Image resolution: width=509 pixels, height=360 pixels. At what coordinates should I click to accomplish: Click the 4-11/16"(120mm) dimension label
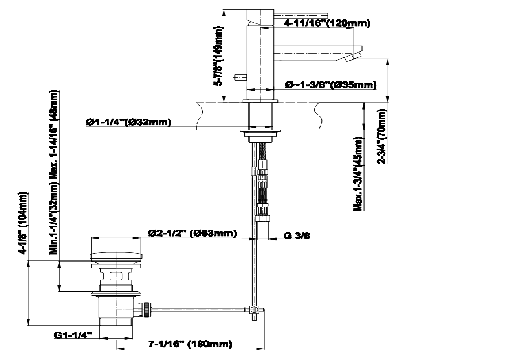click(327, 23)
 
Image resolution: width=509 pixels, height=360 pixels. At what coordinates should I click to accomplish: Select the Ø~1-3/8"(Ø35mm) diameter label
click(331, 85)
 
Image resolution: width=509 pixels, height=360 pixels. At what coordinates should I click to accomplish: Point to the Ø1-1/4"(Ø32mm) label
click(129, 122)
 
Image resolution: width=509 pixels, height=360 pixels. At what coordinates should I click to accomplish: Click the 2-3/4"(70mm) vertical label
click(382, 137)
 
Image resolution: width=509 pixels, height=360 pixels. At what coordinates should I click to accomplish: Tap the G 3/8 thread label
click(297, 236)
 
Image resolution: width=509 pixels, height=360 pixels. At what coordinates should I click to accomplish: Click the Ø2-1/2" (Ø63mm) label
click(192, 233)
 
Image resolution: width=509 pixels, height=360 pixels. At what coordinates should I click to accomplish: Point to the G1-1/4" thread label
click(73, 335)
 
